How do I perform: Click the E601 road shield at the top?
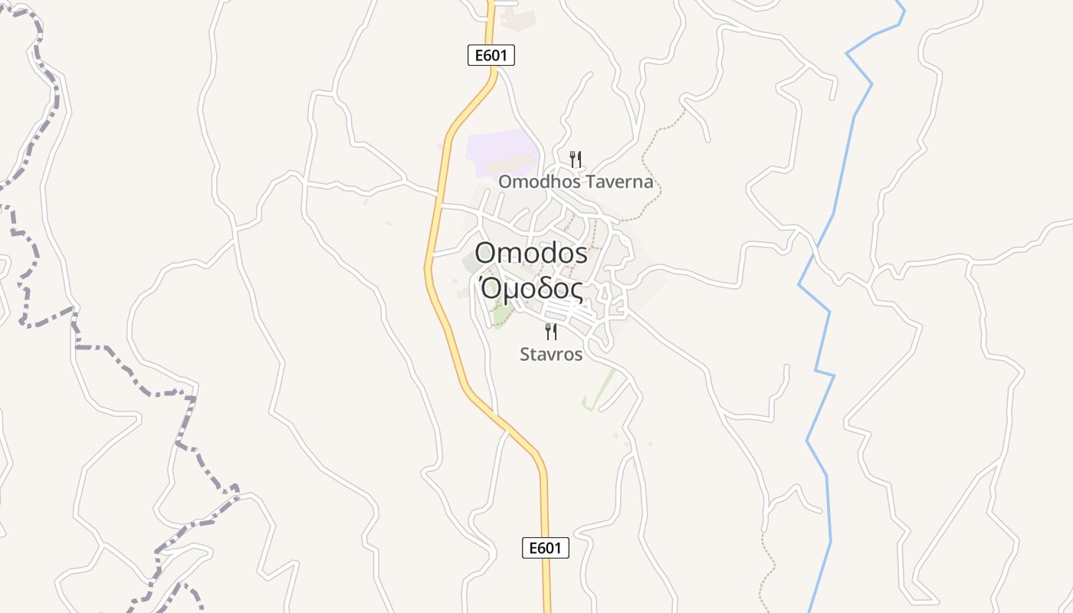pyautogui.click(x=491, y=55)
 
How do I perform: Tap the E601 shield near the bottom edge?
pyautogui.click(x=546, y=548)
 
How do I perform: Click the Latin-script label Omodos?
pyautogui.click(x=531, y=252)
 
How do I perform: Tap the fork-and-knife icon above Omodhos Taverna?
pyautogui.click(x=576, y=159)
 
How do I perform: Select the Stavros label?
pyautogui.click(x=551, y=355)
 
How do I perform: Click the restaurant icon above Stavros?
pyautogui.click(x=551, y=331)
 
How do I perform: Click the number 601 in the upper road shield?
pyautogui.click(x=497, y=55)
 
